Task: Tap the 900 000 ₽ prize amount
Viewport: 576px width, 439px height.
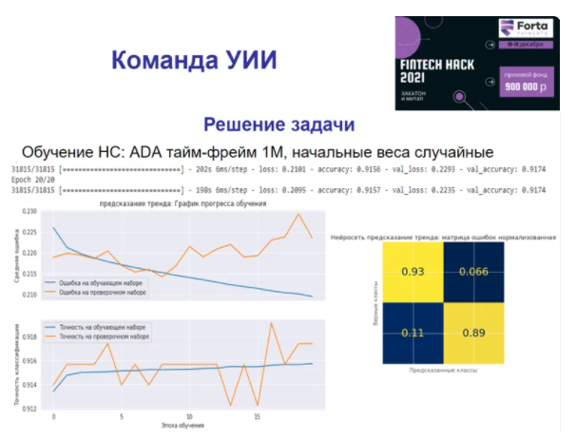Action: [527, 86]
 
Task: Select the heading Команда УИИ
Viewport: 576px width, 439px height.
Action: [195, 61]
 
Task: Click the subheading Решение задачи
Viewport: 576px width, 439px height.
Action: [280, 124]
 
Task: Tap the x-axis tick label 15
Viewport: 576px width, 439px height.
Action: [258, 417]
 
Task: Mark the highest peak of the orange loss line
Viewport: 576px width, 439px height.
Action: [298, 214]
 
